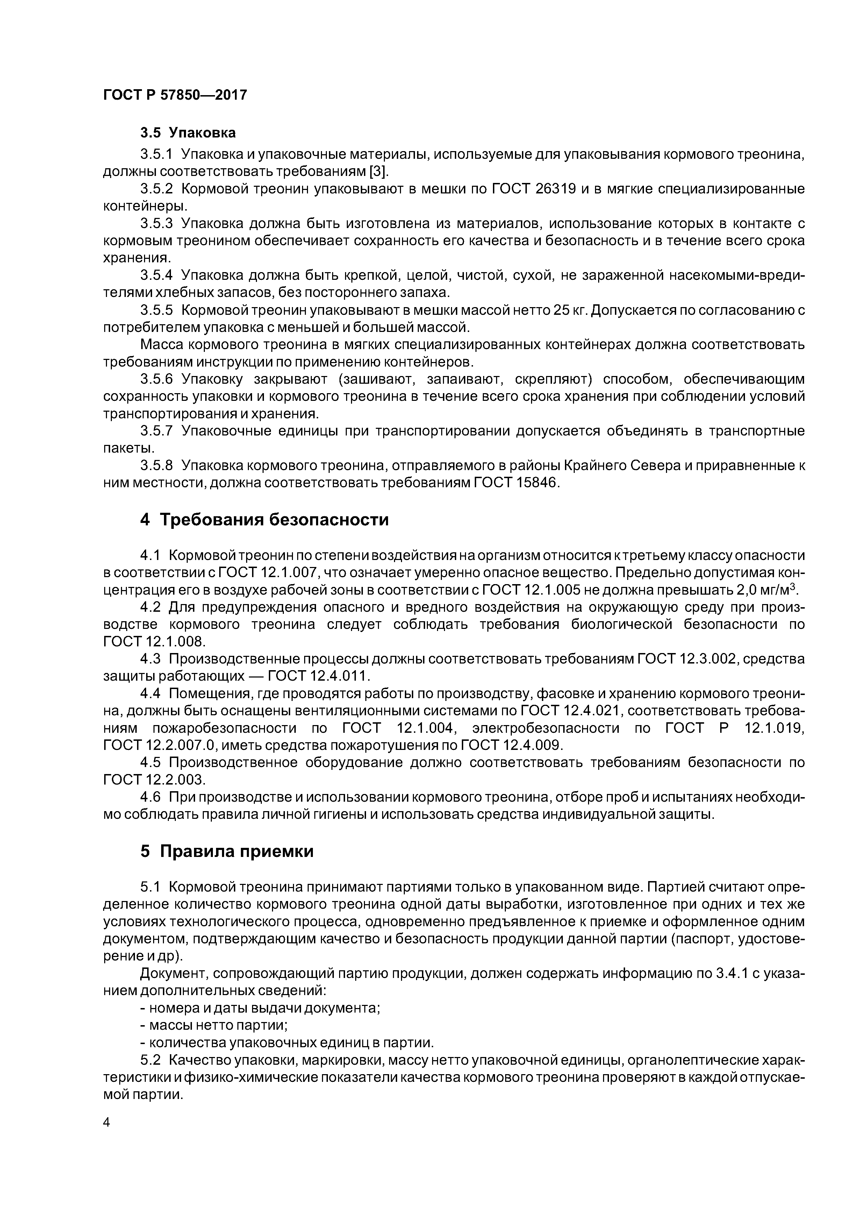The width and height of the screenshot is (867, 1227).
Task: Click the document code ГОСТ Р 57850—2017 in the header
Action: [x=175, y=95]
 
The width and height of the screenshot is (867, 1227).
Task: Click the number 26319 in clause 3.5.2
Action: [x=555, y=189]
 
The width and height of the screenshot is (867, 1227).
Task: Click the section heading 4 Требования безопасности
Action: [x=264, y=519]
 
